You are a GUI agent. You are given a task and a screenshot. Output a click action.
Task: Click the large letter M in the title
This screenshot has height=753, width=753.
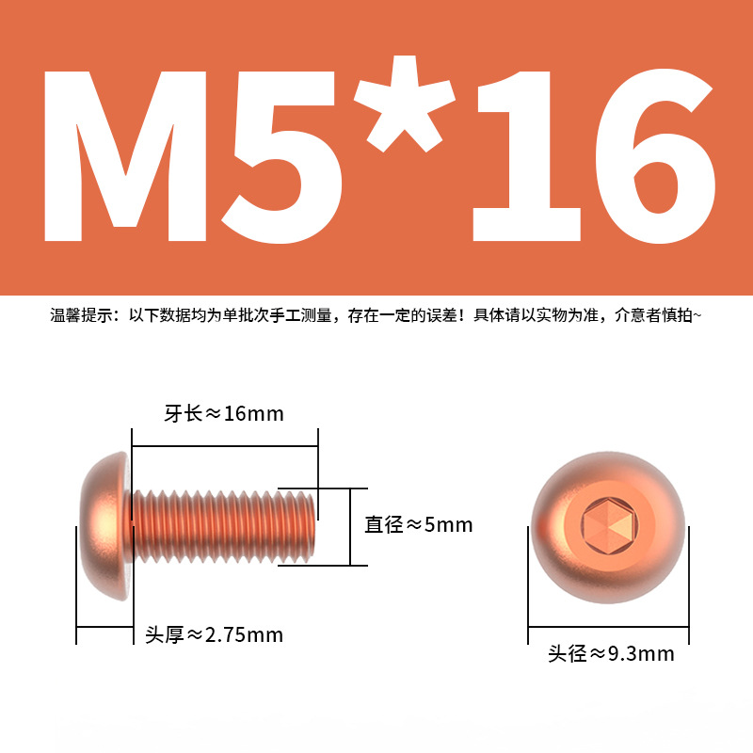pos(125,155)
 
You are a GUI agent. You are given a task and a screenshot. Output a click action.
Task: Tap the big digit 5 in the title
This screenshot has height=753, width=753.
pos(281,156)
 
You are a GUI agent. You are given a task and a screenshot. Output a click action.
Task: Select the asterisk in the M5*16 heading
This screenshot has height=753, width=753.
pos(405,104)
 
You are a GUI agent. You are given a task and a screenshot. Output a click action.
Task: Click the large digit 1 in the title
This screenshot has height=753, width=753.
pos(526,155)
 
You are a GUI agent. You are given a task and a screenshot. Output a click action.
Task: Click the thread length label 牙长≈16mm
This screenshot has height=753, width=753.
pos(224,413)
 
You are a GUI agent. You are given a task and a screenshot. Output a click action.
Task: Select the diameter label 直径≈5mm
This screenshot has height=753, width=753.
pos(418,524)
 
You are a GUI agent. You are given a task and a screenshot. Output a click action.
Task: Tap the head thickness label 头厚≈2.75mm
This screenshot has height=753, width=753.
pos(215,634)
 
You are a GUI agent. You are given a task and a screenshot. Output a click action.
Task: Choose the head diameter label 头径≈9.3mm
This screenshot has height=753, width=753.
pos(611,653)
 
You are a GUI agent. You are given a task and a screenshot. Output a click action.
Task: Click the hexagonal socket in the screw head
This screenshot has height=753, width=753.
pos(609,524)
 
